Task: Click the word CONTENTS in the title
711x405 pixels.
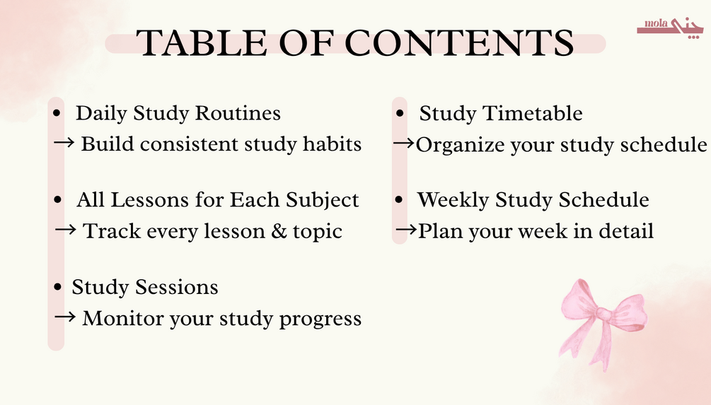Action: [459, 43]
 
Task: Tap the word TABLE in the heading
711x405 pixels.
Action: [202, 43]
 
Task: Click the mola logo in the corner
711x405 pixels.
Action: [670, 28]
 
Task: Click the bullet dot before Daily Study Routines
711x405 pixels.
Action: [56, 113]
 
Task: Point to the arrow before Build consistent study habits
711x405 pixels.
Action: [64, 143]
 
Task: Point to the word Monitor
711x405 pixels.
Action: [123, 319]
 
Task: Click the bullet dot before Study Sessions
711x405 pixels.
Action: [57, 287]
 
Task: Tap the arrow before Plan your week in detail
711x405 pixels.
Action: [406, 230]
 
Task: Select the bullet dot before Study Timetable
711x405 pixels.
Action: [400, 113]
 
